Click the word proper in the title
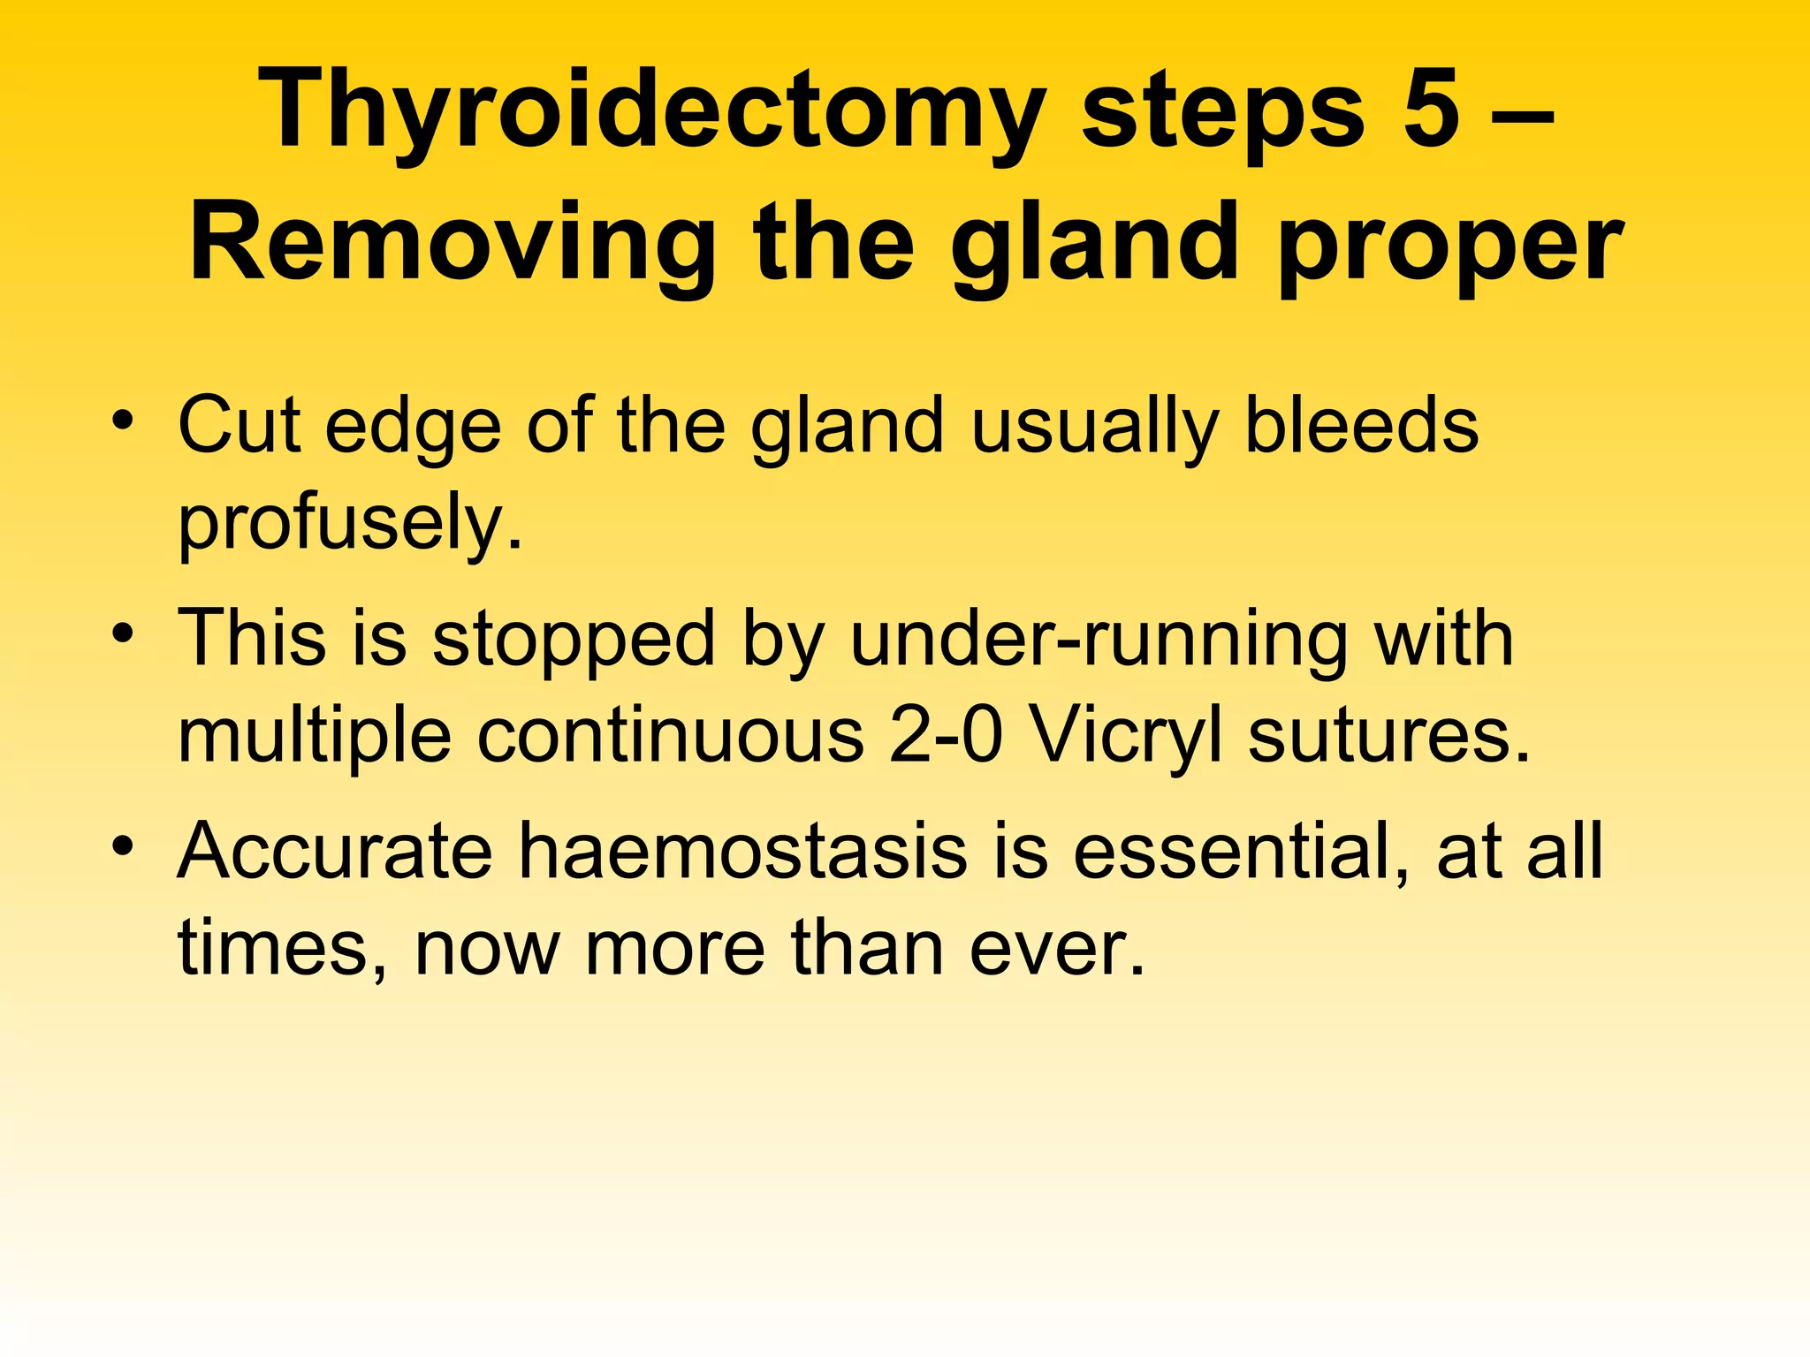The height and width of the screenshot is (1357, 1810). pyautogui.click(x=1449, y=247)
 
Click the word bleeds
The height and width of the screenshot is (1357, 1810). pyautogui.click(x=1361, y=427)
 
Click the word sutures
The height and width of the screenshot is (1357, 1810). pyautogui.click(x=1388, y=736)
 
